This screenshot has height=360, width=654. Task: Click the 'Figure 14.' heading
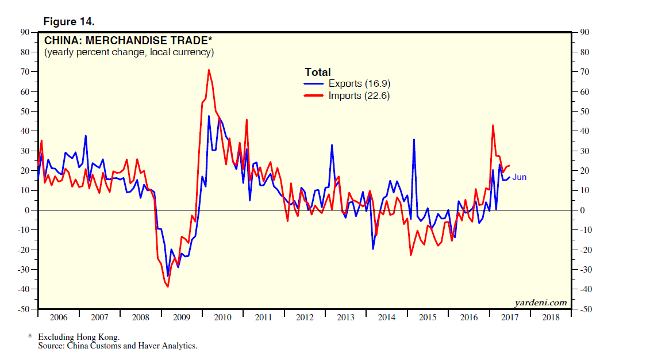click(x=69, y=22)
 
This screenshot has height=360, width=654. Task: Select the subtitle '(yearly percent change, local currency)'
click(x=129, y=52)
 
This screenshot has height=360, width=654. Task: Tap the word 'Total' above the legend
click(x=317, y=72)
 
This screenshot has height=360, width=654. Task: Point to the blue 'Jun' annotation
click(x=520, y=177)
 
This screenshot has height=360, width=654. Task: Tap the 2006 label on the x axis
click(x=59, y=317)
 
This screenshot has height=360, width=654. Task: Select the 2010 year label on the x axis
click(x=222, y=317)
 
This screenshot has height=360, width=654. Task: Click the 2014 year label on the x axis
click(x=387, y=317)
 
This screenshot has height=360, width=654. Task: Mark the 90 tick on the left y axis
click(x=26, y=32)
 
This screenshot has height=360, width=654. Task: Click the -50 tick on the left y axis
click(x=24, y=309)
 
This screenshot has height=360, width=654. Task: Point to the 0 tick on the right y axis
click(x=583, y=210)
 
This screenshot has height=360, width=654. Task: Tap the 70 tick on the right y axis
click(x=585, y=72)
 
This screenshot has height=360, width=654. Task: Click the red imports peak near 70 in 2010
click(x=209, y=70)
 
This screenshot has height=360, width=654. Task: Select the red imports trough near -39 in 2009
click(x=167, y=286)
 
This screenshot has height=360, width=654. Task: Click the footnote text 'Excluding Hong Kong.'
click(x=79, y=336)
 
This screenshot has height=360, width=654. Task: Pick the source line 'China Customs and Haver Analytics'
click(x=132, y=346)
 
